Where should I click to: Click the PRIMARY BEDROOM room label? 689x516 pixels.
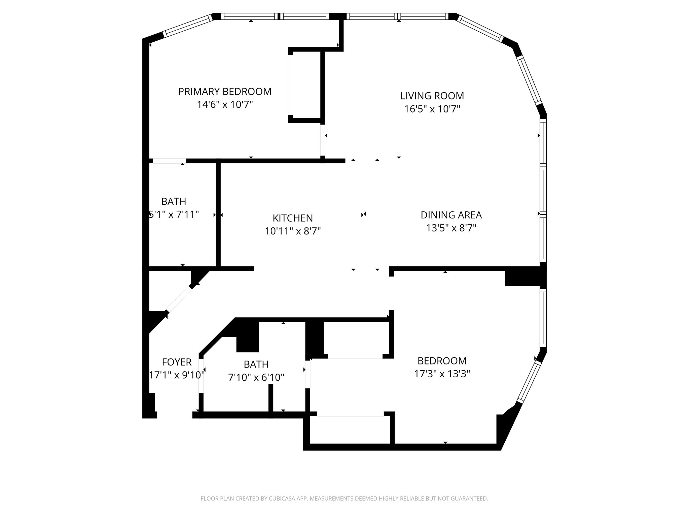point(225,91)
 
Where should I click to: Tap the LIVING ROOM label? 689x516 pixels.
point(432,96)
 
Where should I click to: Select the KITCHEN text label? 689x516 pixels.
point(292,218)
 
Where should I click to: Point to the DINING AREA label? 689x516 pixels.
point(451,215)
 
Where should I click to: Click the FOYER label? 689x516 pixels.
point(177,362)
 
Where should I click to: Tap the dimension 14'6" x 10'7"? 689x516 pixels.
point(225,104)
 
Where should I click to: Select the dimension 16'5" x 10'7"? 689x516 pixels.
point(432,109)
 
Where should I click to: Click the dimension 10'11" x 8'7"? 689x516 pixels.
point(292,231)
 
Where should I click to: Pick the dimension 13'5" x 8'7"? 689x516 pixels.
point(451,228)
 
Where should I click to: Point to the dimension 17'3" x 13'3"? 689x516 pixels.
point(442,374)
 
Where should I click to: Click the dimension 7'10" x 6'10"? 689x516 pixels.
point(256,378)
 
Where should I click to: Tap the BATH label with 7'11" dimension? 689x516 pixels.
point(174,201)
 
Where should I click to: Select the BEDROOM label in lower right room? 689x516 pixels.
point(442,361)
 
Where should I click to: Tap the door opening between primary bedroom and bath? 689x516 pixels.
point(169,161)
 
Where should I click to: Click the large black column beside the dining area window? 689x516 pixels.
point(523,276)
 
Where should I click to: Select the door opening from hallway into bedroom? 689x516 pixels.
point(391,293)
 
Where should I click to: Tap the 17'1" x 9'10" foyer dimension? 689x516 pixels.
point(177,375)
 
